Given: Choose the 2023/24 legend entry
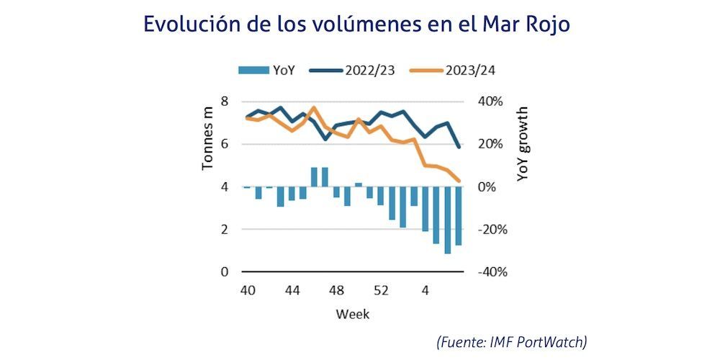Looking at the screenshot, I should tap(472, 70).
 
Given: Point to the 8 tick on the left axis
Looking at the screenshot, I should tap(225, 101).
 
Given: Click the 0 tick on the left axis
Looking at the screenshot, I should tap(225, 272).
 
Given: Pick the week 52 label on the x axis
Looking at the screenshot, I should tap(381, 291).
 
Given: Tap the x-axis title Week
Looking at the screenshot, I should tap(352, 315).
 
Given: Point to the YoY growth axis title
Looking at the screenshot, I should tap(523, 144).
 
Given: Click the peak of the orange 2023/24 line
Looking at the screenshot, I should tap(313, 107).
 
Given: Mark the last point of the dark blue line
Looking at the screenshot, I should tap(459, 147).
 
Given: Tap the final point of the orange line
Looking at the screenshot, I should tap(459, 181).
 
